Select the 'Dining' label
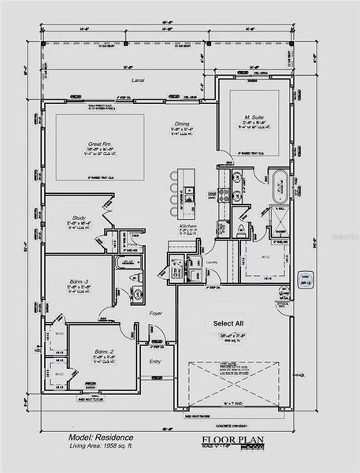click(182, 125)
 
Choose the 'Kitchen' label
click(187, 226)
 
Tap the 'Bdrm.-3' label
click(76, 282)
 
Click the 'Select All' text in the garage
click(228, 323)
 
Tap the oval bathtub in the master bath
click(280, 183)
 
